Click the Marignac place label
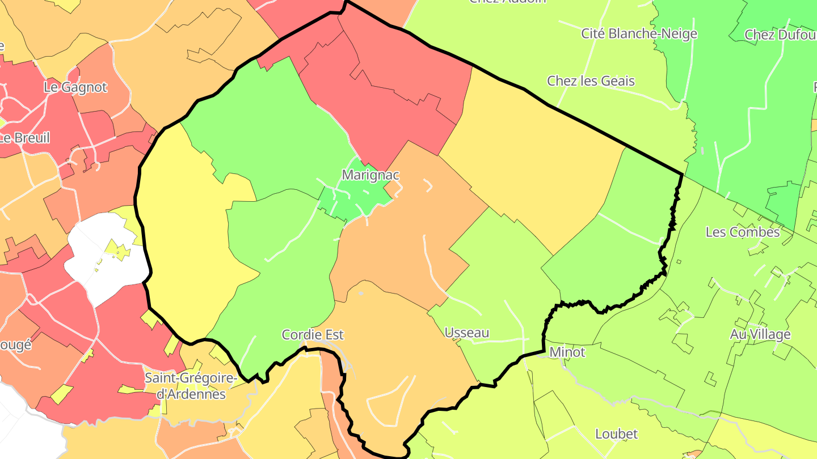coord(370,175)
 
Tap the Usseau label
coord(467,333)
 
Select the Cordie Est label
coord(313,335)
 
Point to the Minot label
coord(567,352)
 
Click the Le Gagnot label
coord(75,87)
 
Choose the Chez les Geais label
coord(591,81)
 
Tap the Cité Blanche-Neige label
coord(639,33)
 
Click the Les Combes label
coord(743,232)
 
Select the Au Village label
coord(760,334)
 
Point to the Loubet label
coord(616,434)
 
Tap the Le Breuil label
coord(25,138)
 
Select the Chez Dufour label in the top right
coord(781,35)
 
